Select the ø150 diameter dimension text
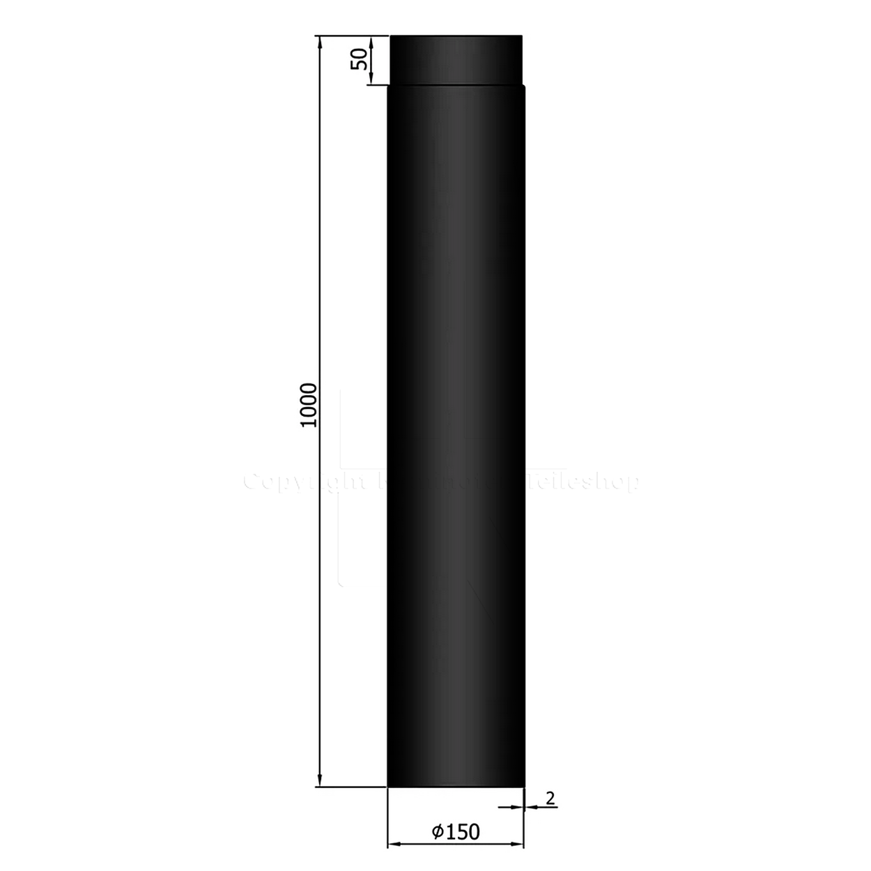pyautogui.click(x=456, y=831)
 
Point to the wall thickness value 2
pyautogui.click(x=550, y=799)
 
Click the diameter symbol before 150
pyautogui.click(x=437, y=831)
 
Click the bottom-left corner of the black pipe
pyautogui.click(x=387, y=787)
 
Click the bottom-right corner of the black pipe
pyautogui.click(x=524, y=787)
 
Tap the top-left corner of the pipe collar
pyautogui.click(x=390, y=36)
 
